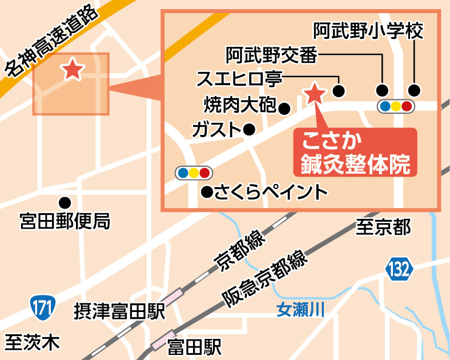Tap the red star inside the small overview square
tap(73, 70)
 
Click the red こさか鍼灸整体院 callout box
tap(355, 153)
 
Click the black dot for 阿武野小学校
tap(414, 90)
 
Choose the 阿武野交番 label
tap(271, 55)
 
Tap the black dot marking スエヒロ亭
tap(339, 90)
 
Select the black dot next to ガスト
tap(248, 130)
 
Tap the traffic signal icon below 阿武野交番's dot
tap(395, 106)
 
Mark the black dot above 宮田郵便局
tap(65, 202)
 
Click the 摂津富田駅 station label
tap(119, 311)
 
